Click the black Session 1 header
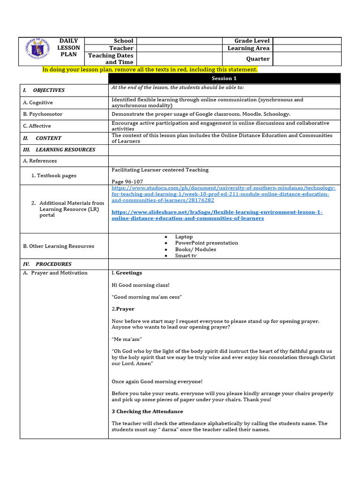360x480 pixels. pos(224,78)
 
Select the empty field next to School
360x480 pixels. pos(179,41)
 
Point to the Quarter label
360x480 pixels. pos(258,59)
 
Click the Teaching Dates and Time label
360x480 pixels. pos(111,59)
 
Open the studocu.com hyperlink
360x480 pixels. pos(223,194)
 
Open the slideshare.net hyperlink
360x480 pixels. pos(217,215)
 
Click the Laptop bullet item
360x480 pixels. pos(184,237)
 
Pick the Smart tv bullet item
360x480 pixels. pos(186,255)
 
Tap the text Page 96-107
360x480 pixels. pos(127,181)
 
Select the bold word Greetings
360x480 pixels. pos(129,273)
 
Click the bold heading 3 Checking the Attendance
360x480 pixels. pos(147,412)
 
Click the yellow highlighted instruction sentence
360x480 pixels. pos(150,69)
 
